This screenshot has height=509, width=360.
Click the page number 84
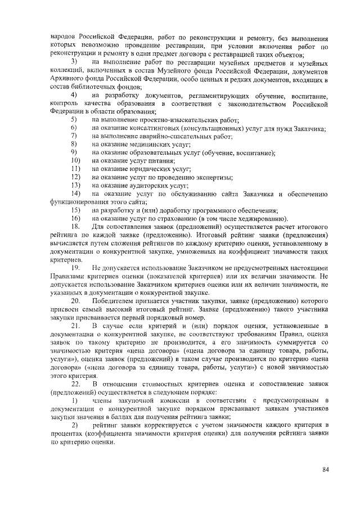(325, 470)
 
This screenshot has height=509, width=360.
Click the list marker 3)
(74, 60)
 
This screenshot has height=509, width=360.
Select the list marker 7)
(74, 137)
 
